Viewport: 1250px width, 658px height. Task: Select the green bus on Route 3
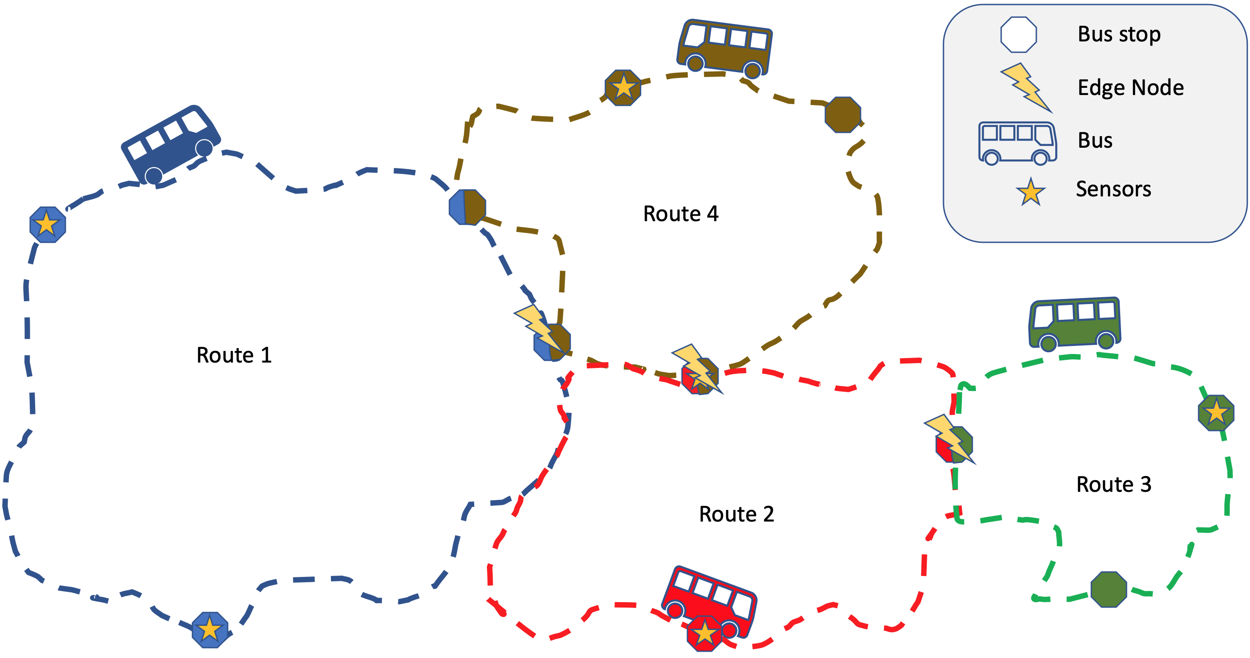(1074, 322)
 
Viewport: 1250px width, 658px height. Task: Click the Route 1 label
(234, 355)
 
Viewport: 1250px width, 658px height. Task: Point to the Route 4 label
(680, 214)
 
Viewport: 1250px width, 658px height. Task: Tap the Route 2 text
(736, 514)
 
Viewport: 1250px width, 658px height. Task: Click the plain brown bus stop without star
(843, 115)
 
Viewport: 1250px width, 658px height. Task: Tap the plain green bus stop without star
(1109, 589)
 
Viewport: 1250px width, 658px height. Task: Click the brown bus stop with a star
(623, 88)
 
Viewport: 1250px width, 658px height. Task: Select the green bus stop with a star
(1216, 413)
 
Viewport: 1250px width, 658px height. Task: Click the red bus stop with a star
(705, 633)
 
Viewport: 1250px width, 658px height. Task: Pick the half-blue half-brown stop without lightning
(467, 207)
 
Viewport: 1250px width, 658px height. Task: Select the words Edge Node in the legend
(1131, 88)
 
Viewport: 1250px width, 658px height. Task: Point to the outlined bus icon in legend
(1017, 143)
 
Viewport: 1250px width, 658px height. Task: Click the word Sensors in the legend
(1113, 189)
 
